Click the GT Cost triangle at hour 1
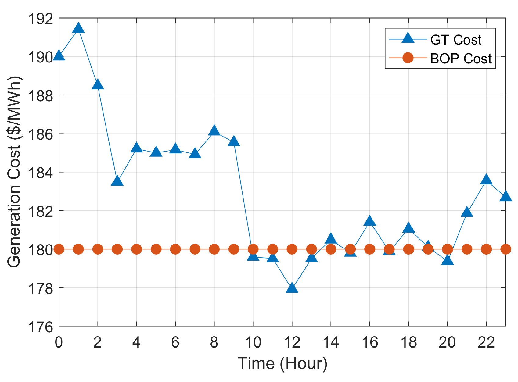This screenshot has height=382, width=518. coord(78,28)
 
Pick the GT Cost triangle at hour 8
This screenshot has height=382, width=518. coord(214,131)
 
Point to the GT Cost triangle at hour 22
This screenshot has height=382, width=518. coord(486,180)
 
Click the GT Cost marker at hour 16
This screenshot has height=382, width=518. coord(369,221)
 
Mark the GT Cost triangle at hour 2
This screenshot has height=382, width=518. coord(98,85)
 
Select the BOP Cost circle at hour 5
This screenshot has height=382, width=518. coord(156,249)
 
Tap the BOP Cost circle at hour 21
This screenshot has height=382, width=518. coord(467,249)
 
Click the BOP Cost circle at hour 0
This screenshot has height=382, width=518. coord(59,249)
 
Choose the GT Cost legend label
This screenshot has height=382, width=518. coord(455,40)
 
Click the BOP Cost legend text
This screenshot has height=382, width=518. coord(461,59)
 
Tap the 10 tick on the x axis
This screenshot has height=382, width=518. coord(253,343)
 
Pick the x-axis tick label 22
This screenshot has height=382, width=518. coord(486,343)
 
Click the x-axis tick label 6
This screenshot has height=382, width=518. coord(175,343)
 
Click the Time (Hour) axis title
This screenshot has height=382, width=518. coord(282,363)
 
